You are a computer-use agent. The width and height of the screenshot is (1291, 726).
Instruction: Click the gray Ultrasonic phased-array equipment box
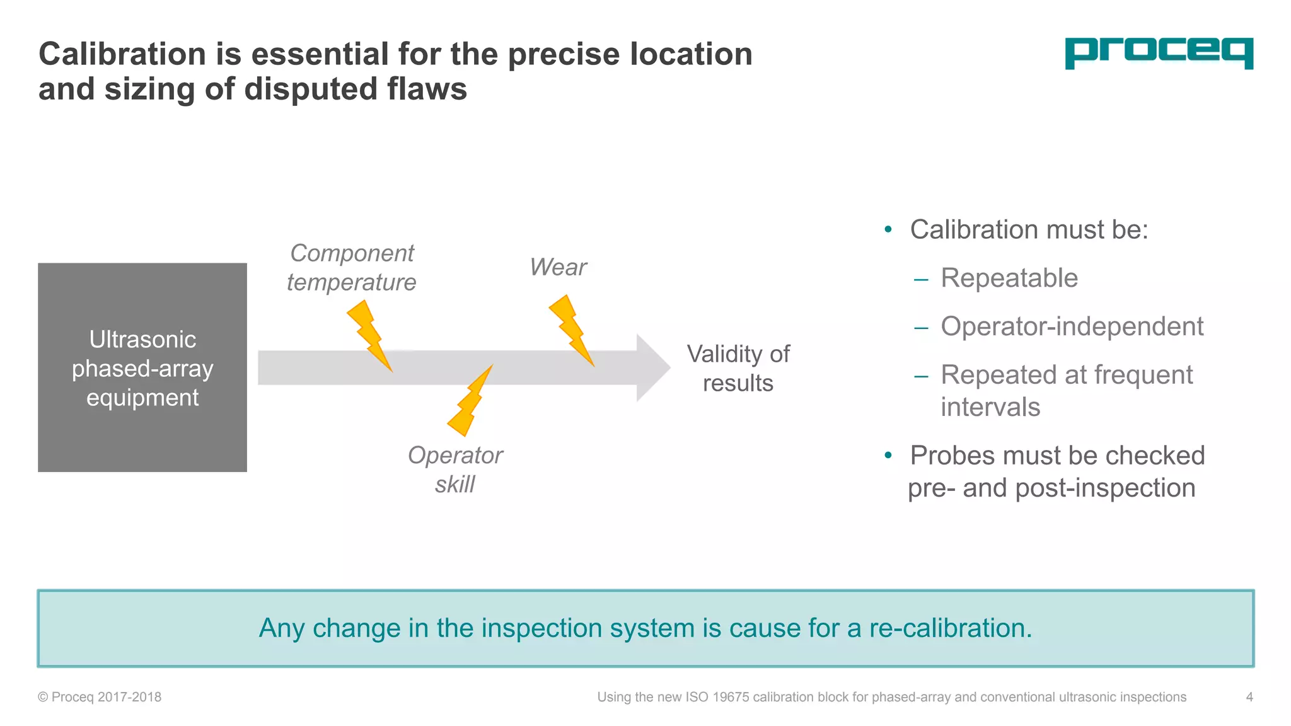(142, 367)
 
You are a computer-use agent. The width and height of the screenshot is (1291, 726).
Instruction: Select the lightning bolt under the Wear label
(571, 330)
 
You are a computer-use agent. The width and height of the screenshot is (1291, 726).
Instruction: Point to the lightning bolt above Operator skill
(470, 402)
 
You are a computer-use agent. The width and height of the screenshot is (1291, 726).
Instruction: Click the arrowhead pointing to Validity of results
(652, 367)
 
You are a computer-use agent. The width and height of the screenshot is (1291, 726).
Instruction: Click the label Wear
(558, 267)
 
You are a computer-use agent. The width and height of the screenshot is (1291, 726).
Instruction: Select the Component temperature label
(351, 268)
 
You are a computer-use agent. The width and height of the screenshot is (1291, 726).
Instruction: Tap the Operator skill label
(454, 470)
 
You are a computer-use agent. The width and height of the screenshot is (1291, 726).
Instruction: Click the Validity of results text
(738, 369)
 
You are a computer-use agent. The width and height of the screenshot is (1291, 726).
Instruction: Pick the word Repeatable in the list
(1009, 278)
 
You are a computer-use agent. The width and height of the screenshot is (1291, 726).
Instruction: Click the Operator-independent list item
(1072, 326)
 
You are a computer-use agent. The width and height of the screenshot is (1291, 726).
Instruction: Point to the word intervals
(990, 407)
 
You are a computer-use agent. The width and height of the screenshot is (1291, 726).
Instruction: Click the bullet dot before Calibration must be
(888, 229)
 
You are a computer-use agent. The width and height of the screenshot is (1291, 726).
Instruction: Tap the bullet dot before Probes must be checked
(888, 455)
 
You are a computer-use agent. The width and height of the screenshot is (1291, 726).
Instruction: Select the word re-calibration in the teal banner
(950, 628)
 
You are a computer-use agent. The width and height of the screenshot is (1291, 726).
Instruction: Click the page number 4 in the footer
(1249, 697)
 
